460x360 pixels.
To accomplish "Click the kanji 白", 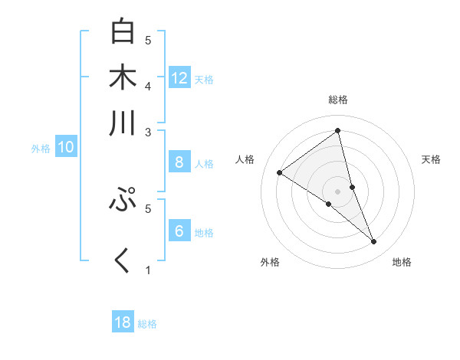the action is (123, 33).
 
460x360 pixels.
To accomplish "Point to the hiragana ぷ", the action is (123, 200).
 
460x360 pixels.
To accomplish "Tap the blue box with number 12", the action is (179, 78).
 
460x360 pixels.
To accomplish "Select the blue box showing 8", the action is (179, 162).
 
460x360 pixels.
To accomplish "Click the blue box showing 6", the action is (179, 231).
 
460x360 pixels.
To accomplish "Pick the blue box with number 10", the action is (65, 148).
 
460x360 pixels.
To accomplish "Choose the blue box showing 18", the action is (123, 322).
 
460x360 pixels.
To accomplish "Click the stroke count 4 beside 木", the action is (148, 86).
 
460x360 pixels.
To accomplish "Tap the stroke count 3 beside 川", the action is (148, 133).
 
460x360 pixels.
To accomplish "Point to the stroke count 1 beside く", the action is (148, 270).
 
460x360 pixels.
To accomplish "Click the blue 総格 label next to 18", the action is (147, 324).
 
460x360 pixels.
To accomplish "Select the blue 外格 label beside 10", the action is (41, 149).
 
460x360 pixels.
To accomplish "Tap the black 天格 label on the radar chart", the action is (432, 159).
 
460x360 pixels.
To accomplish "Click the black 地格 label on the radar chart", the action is (402, 262).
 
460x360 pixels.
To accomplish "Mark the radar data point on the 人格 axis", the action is (279, 172).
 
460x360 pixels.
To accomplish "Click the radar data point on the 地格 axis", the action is (374, 242).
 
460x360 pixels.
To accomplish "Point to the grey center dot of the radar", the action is (338, 191).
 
